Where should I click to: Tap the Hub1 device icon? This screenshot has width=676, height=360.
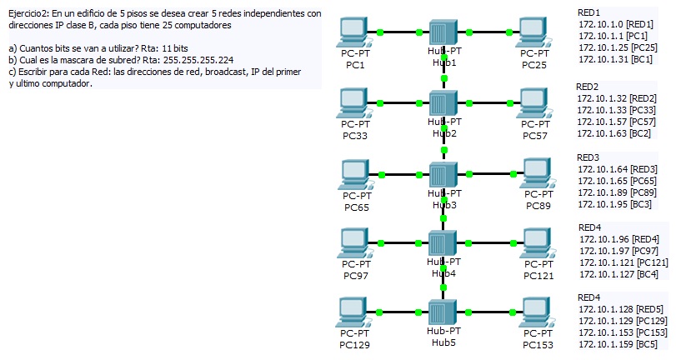pyautogui.click(x=444, y=32)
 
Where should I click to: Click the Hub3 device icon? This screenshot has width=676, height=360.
pyautogui.click(x=444, y=174)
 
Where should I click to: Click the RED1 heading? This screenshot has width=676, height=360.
pyautogui.click(x=588, y=12)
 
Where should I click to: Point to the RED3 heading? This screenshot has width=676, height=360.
pyautogui.click(x=588, y=157)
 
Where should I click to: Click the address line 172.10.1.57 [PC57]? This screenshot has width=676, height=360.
pyautogui.click(x=618, y=121)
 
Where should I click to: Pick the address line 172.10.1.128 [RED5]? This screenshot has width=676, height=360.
pyautogui.click(x=621, y=308)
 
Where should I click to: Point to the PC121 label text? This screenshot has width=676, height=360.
pyautogui.click(x=538, y=275)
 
